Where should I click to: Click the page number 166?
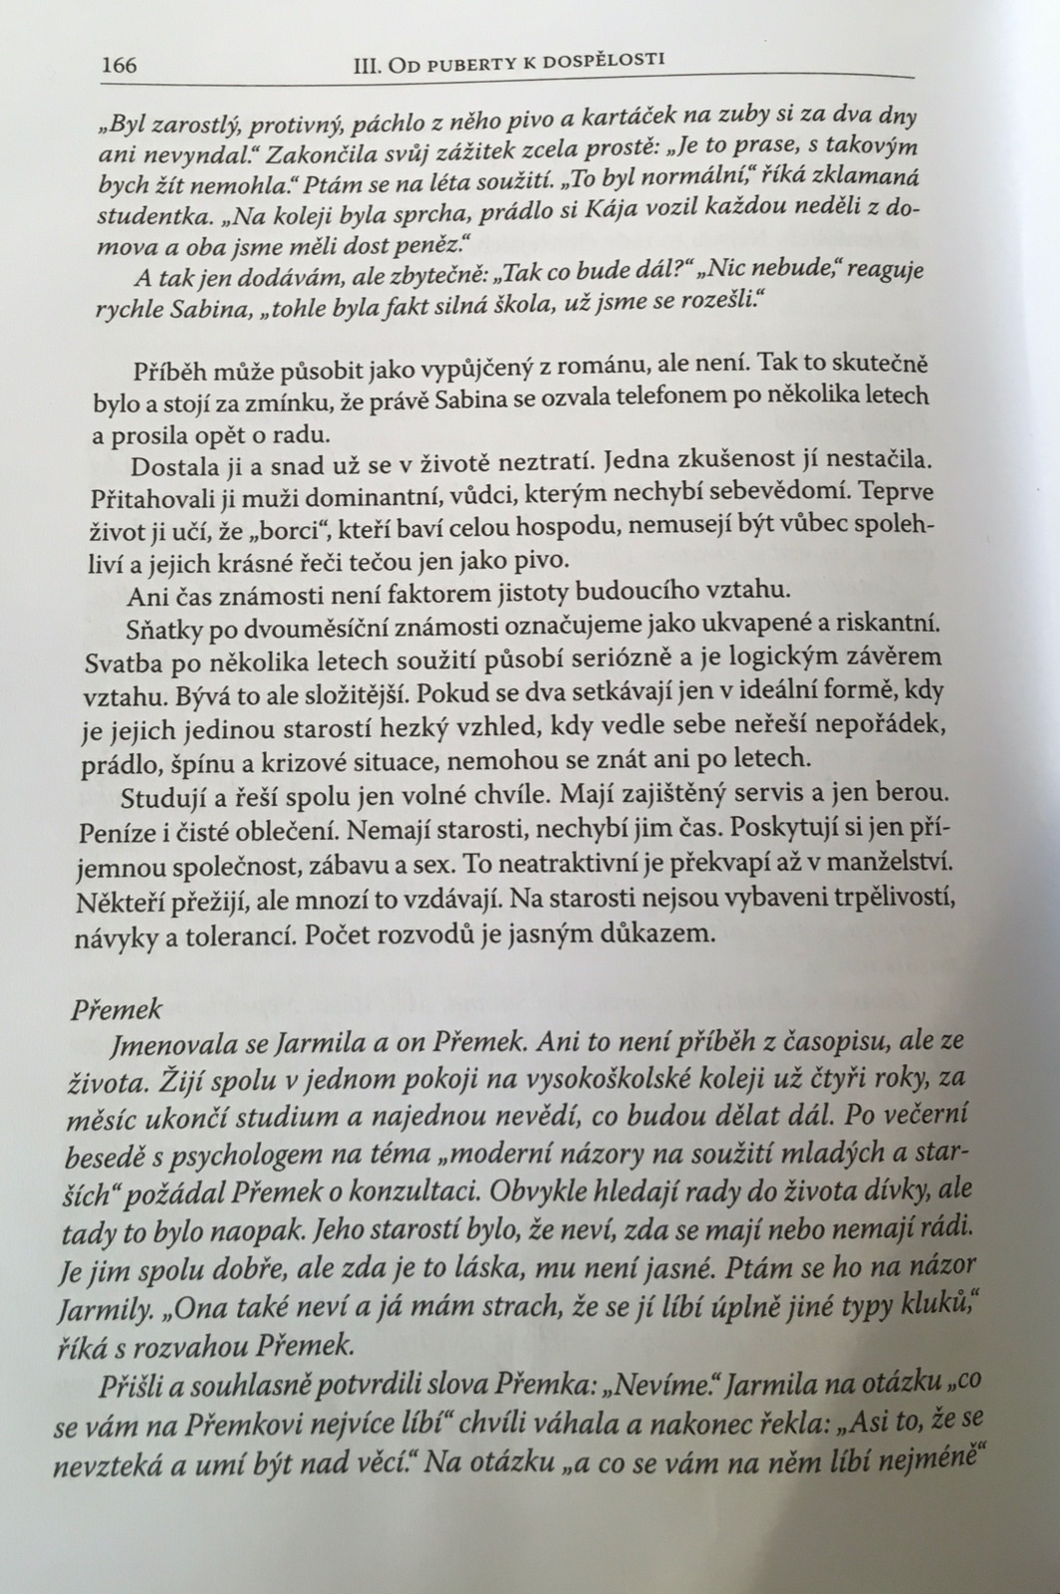120,67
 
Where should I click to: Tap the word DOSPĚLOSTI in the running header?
608,60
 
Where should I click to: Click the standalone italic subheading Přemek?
117,1008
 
